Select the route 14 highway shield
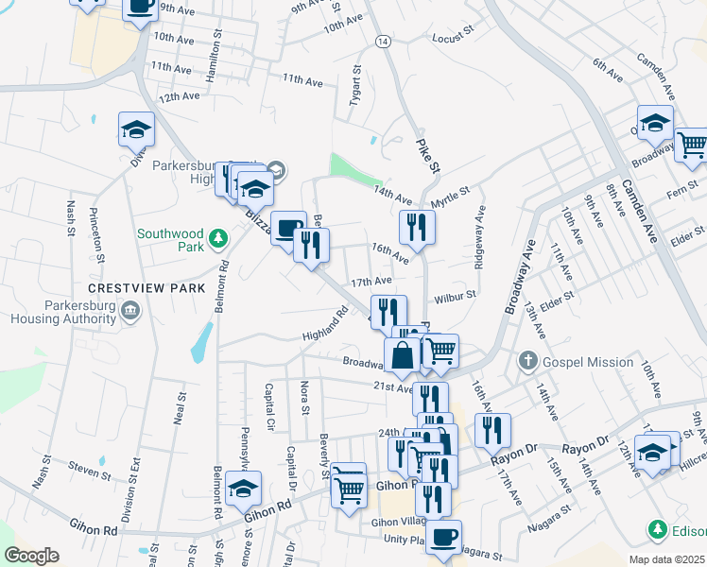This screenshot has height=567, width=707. tap(382, 43)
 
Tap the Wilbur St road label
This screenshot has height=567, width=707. tap(455, 299)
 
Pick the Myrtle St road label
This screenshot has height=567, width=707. tap(450, 199)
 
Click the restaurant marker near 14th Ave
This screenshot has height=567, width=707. tap(416, 226)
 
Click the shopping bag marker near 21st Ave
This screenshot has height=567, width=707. tap(402, 354)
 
